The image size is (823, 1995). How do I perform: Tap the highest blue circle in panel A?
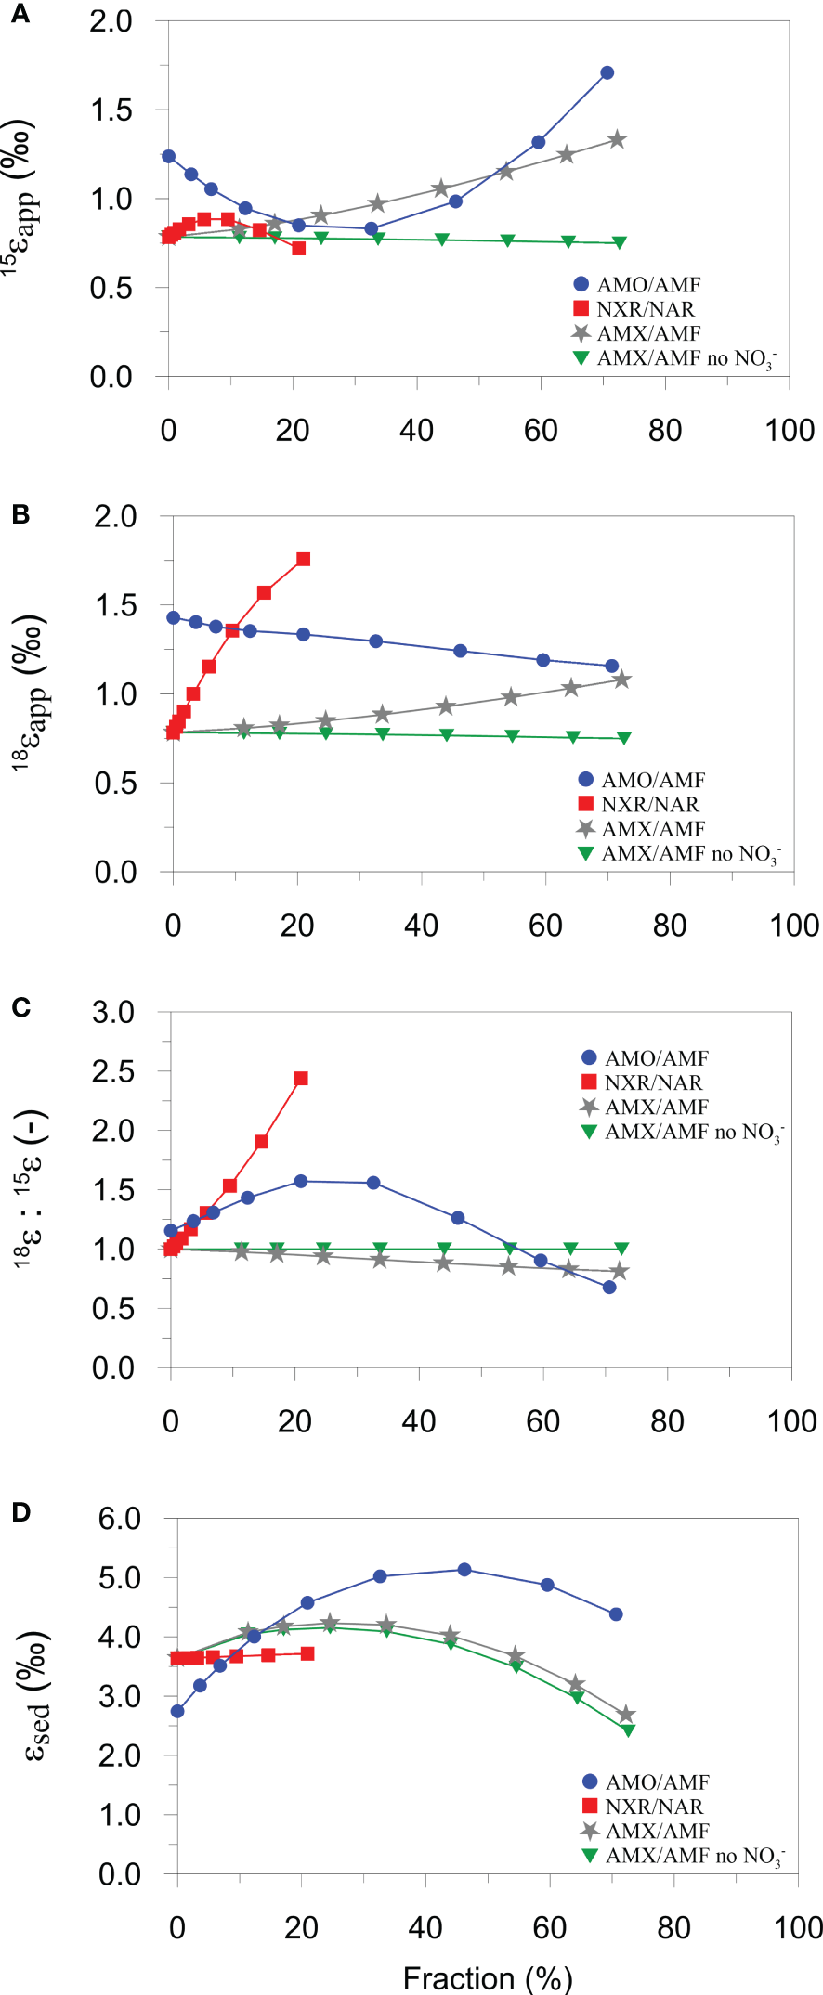coord(607,72)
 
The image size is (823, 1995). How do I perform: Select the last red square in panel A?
coord(298,248)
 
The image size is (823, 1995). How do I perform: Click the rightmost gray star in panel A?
coord(617,140)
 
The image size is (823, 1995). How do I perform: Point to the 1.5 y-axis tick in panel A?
coord(111,110)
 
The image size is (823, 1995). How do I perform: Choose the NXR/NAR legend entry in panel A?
coord(645,309)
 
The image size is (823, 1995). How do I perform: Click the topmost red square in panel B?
coord(303,559)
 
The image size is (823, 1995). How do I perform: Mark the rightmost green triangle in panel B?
coord(624,738)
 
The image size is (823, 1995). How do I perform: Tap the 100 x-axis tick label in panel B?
coord(794,926)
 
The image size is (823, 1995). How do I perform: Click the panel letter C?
coord(20,1007)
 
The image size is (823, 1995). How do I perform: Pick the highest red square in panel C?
coord(301,1079)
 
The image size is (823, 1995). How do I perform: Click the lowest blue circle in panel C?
coord(609,1288)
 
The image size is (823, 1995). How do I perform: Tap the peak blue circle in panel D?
coord(464,1570)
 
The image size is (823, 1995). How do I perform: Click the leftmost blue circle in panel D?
coord(177,1711)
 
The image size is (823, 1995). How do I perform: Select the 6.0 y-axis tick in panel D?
coord(119,1519)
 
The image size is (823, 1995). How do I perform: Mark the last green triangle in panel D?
coord(628,1729)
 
